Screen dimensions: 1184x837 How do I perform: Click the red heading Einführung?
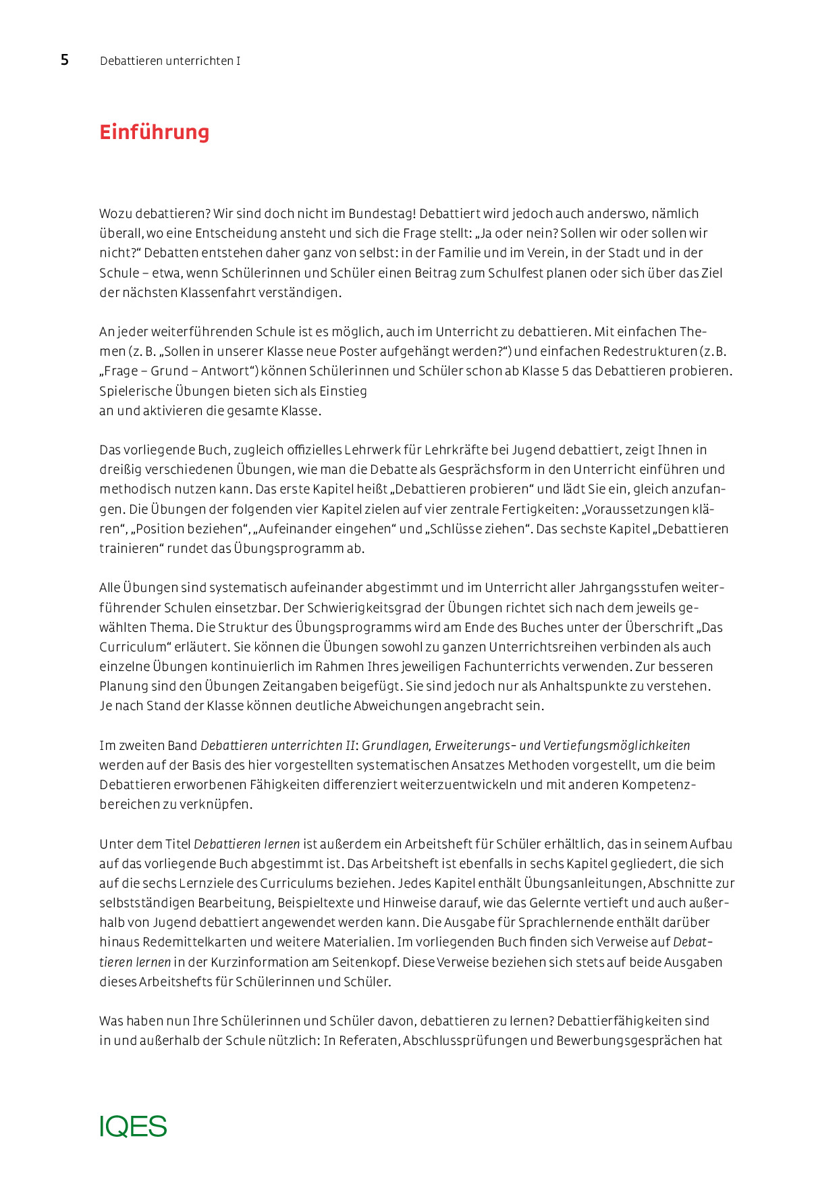155,132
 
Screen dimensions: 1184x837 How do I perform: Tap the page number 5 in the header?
65,60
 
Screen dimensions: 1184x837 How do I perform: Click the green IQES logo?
133,1126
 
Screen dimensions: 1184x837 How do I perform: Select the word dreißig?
119,470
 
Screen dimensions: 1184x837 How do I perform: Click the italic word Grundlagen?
396,746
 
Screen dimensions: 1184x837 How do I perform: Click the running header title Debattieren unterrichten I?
170,61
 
